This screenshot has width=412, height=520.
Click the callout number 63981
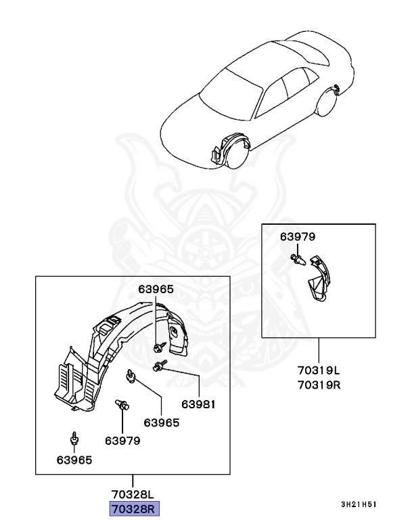point(198,404)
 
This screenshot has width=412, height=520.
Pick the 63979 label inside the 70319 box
point(298,236)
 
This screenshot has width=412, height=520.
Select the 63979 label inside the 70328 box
point(122,440)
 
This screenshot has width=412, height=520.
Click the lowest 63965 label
point(74,460)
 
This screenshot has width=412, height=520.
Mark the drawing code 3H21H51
point(359,504)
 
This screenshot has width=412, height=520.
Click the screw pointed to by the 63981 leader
point(159,366)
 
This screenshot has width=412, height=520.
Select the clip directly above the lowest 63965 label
point(74,437)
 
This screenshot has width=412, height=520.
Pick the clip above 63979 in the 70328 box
point(122,406)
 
